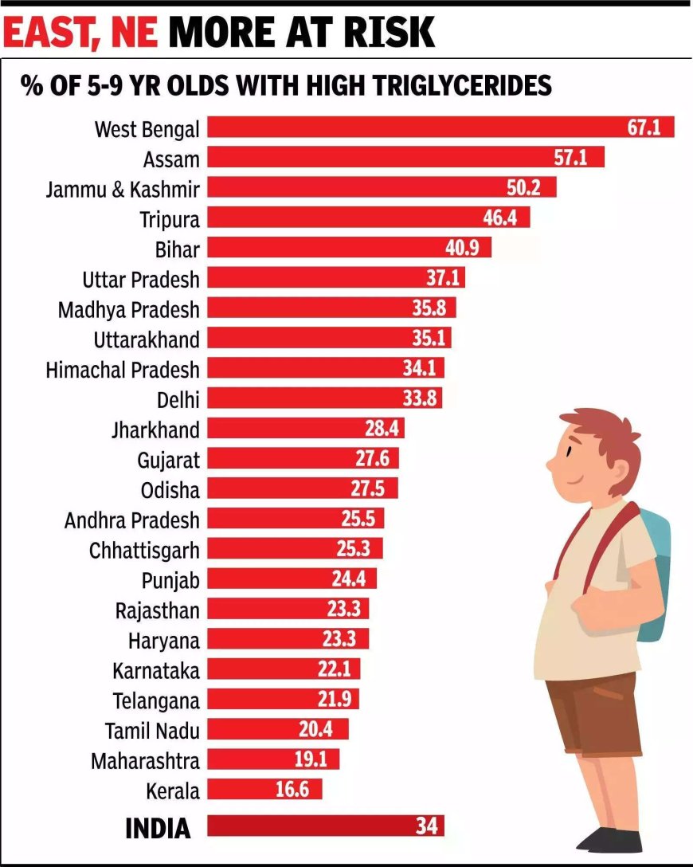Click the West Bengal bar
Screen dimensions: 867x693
click(414, 127)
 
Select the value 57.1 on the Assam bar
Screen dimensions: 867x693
click(570, 158)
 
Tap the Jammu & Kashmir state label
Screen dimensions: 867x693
click(123, 188)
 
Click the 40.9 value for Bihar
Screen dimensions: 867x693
click(462, 249)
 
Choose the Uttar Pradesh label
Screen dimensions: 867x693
click(141, 279)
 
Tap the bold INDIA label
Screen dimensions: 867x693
click(158, 828)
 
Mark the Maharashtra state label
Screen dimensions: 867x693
click(145, 760)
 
